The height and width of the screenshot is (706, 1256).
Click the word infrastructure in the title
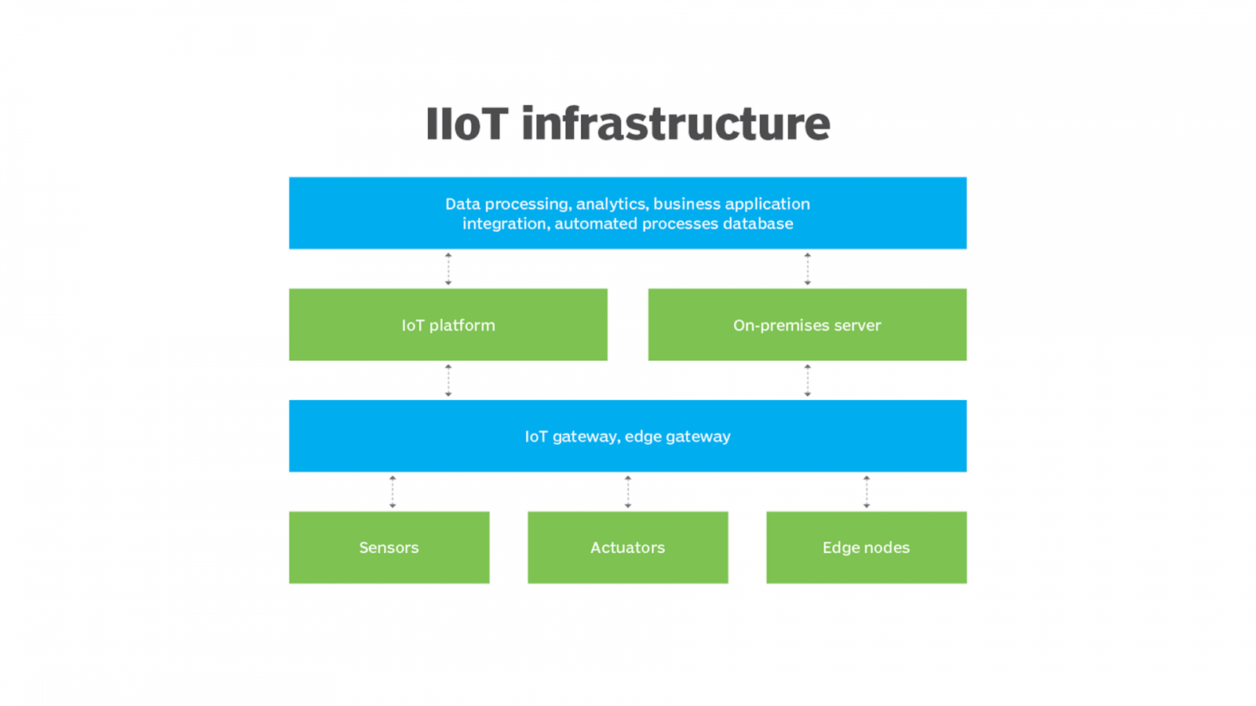pos(675,124)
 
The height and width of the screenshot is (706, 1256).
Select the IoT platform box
pos(448,325)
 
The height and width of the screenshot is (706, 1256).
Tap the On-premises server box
pos(807,325)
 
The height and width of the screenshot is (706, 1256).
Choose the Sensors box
pos(389,548)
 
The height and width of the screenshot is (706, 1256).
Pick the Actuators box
pos(628,548)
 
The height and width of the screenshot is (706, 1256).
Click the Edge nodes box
pos(867,548)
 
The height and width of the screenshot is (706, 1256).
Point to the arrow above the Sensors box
pos(392,492)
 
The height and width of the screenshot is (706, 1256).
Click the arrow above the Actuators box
pos(628,492)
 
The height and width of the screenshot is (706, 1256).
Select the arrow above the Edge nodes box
pos(867,492)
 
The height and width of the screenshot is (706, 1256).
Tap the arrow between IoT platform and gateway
pos(448,380)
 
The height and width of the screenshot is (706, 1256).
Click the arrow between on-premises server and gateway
pos(807,380)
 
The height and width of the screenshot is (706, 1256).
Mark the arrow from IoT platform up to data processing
pos(448,269)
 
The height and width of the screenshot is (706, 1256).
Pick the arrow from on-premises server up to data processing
pos(807,269)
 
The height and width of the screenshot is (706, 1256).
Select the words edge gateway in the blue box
pos(677,436)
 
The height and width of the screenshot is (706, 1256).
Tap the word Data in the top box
pos(462,204)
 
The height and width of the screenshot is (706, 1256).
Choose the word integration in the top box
pos(505,224)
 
